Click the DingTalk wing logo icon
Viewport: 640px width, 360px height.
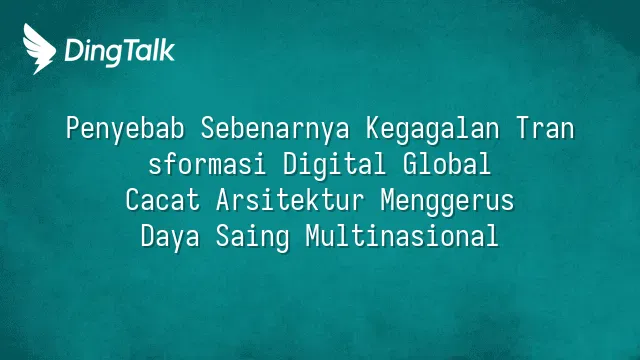click(x=39, y=49)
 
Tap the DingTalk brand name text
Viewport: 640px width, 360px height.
click(x=120, y=51)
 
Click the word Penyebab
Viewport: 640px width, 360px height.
click(x=125, y=129)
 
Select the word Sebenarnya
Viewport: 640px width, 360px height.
click(x=276, y=129)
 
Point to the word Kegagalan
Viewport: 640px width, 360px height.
click(x=433, y=129)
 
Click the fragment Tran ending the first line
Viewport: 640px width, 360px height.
click(x=545, y=128)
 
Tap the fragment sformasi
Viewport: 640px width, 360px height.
click(x=207, y=164)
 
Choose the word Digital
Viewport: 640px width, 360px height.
click(x=334, y=165)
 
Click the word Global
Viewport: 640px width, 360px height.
click(x=447, y=164)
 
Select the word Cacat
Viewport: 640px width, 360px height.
click(x=163, y=200)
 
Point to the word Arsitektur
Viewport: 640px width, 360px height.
click(x=290, y=200)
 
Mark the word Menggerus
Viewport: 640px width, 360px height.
click(x=447, y=202)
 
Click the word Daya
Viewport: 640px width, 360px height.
click(x=170, y=238)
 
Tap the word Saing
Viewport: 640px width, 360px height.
click(x=253, y=238)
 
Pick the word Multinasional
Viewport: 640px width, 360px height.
click(x=402, y=236)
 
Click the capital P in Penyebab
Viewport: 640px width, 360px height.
click(x=73, y=128)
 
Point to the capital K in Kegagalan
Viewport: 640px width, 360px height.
click(x=373, y=128)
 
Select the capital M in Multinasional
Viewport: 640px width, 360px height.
click(x=313, y=236)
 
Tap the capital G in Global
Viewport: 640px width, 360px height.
click(x=409, y=164)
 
